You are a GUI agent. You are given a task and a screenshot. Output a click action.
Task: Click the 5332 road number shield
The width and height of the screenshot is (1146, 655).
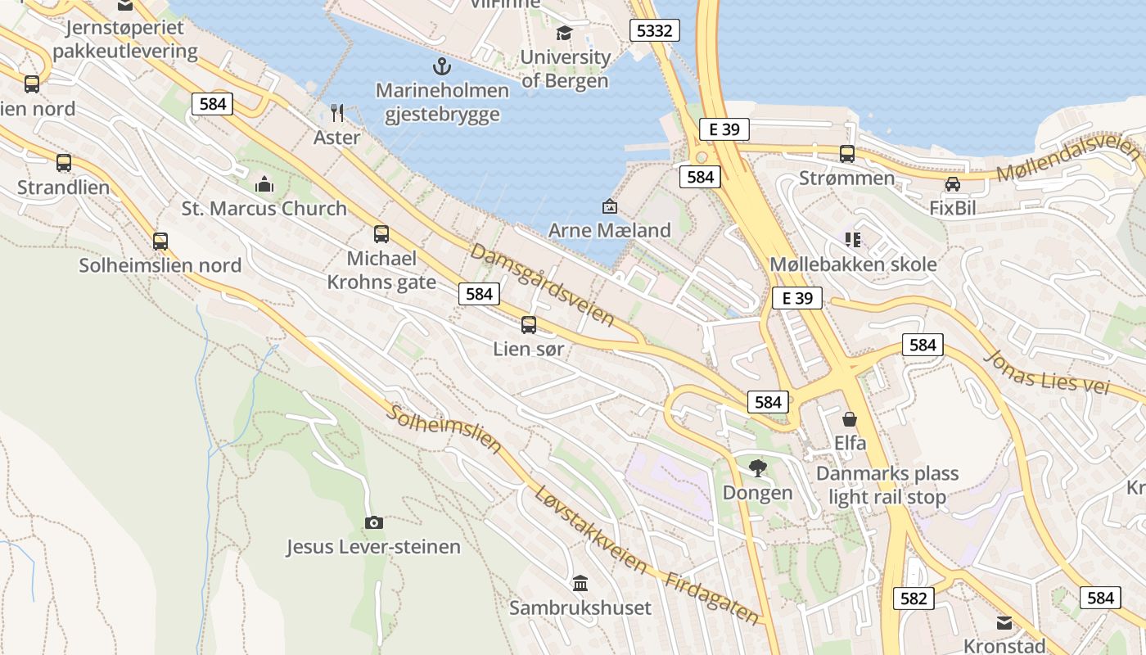pyautogui.click(x=655, y=31)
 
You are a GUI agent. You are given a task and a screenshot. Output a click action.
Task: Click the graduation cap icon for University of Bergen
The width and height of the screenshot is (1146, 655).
pyautogui.click(x=564, y=33)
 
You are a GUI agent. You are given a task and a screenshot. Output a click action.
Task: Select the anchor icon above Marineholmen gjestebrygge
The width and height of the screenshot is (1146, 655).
pyautogui.click(x=442, y=66)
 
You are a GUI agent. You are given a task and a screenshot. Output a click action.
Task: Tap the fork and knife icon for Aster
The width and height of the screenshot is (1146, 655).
pyautogui.click(x=337, y=112)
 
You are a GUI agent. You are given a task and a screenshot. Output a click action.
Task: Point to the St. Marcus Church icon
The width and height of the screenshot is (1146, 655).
pyautogui.click(x=264, y=184)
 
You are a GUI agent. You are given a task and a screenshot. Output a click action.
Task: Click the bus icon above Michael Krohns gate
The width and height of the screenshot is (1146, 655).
pyautogui.click(x=381, y=234)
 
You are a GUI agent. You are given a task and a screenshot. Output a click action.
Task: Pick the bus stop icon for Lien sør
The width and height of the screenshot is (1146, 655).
pyautogui.click(x=529, y=325)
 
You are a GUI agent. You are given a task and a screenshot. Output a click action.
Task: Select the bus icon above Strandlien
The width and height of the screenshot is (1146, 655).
pyautogui.click(x=64, y=163)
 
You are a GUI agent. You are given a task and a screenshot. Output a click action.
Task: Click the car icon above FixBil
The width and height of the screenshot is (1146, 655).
pyautogui.click(x=952, y=184)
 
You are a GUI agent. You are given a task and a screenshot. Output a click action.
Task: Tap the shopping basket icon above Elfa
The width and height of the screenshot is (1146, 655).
pyautogui.click(x=850, y=419)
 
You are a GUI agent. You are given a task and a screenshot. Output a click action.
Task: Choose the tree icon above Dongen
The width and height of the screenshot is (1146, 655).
pyautogui.click(x=757, y=468)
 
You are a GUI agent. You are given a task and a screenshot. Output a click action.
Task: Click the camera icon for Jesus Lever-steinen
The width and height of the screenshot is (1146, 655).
pyautogui.click(x=373, y=522)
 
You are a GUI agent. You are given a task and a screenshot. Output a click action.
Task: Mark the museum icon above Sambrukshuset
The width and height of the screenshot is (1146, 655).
pyautogui.click(x=580, y=584)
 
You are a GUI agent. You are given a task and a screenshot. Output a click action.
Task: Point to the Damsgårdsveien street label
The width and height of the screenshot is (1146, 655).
pyautogui.click(x=542, y=284)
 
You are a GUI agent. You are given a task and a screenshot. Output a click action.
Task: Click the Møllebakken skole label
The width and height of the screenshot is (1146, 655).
pyautogui.click(x=853, y=264)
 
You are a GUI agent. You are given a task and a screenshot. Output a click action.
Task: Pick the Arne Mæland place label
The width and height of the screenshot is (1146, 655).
pyautogui.click(x=609, y=230)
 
